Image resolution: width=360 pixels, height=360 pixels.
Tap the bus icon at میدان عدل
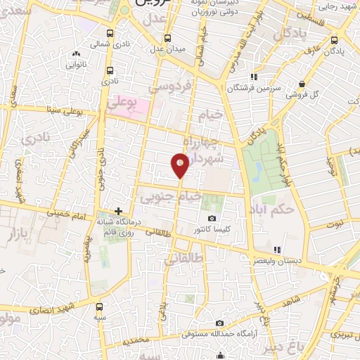point(167,39)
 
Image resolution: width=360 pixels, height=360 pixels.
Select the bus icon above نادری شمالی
point(108,33)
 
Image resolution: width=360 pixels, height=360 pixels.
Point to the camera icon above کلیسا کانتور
point(212,218)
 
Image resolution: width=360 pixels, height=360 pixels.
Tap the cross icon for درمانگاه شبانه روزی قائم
point(118,211)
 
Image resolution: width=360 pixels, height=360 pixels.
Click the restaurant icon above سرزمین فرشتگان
point(253,77)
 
